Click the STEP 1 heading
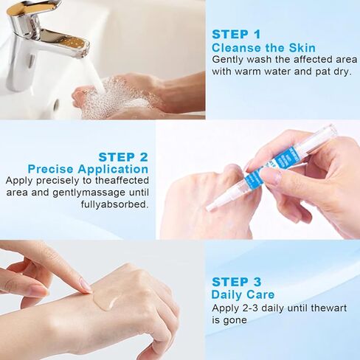[236, 34]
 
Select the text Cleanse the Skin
[255, 47]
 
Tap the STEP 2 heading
[123, 156]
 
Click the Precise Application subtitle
[88, 169]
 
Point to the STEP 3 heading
[236, 282]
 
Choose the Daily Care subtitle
[243, 295]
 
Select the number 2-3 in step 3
[256, 308]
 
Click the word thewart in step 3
[325, 308]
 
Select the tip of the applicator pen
[211, 207]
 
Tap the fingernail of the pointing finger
[86, 285]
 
